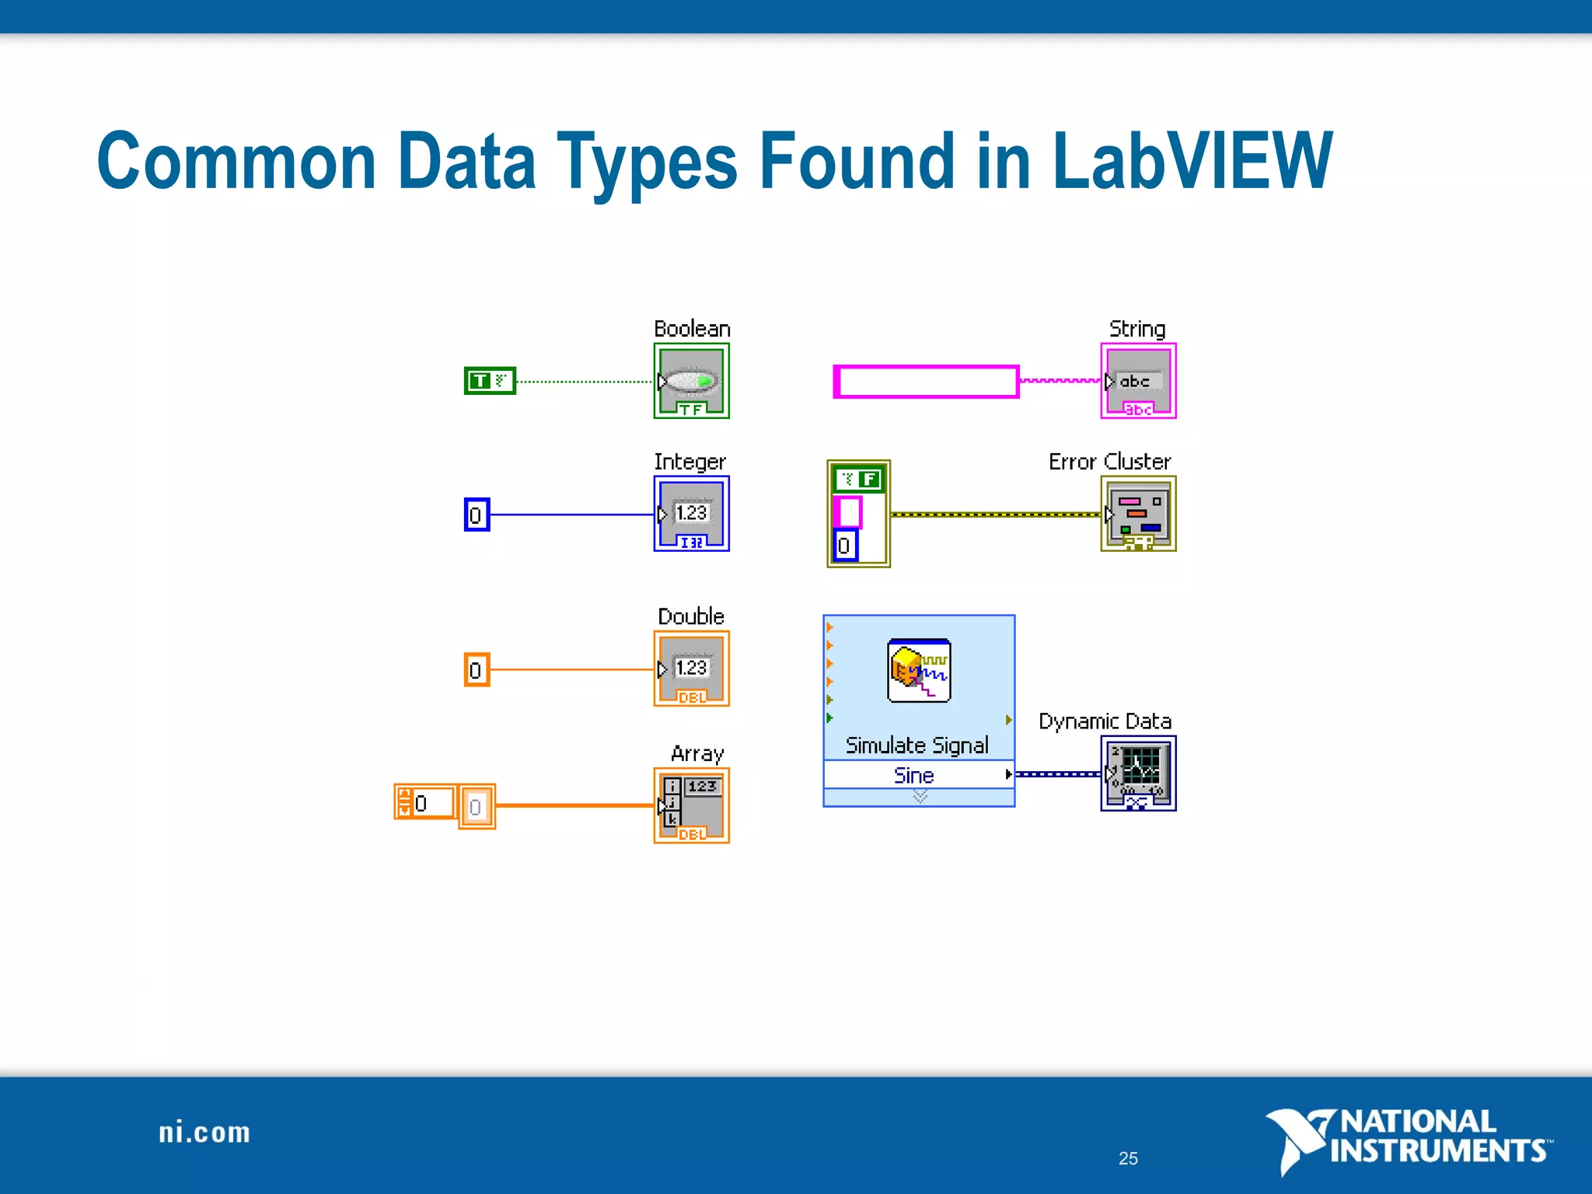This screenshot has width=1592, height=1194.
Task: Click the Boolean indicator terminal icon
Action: click(x=691, y=381)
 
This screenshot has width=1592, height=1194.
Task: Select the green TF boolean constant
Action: click(x=490, y=381)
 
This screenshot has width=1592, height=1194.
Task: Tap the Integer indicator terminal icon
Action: click(x=691, y=514)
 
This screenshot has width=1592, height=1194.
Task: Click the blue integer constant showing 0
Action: click(x=477, y=515)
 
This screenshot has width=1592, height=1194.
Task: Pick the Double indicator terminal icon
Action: click(x=691, y=669)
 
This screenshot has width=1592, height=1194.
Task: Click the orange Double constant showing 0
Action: click(x=477, y=669)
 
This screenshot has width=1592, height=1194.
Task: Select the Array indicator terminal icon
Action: click(x=691, y=805)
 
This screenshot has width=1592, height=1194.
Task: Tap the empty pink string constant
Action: click(x=926, y=382)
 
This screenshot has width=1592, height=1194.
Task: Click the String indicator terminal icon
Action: click(x=1138, y=381)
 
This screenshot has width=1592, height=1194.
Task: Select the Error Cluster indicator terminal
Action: click(x=1138, y=514)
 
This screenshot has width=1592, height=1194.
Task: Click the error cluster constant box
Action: click(x=858, y=514)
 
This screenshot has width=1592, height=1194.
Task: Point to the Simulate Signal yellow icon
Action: click(x=919, y=670)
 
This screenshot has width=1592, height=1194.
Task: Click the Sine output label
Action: click(x=914, y=775)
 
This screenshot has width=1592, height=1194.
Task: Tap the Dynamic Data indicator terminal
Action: click(x=1138, y=773)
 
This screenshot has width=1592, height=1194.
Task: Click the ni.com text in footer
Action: click(x=204, y=1133)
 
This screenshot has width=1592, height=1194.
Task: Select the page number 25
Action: click(x=1128, y=1158)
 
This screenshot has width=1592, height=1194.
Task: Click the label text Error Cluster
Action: click(x=1109, y=462)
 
